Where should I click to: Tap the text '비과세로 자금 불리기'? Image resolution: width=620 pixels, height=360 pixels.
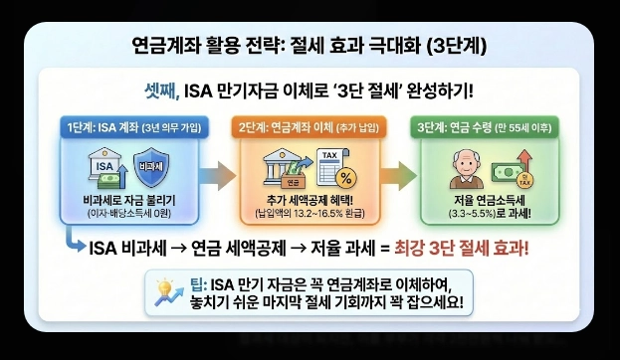pyautogui.click(x=124, y=199)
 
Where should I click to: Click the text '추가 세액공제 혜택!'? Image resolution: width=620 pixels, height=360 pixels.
pyautogui.click(x=303, y=199)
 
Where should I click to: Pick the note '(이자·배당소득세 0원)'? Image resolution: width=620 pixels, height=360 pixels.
pyautogui.click(x=124, y=212)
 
